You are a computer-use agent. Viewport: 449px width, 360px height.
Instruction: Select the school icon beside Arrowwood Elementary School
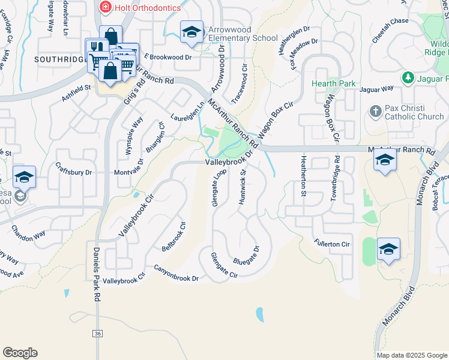191,32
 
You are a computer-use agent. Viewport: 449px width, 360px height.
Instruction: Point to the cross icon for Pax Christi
375,112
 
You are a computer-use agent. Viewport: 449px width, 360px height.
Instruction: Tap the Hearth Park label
333,84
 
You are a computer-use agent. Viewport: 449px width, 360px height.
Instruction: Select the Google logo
20,353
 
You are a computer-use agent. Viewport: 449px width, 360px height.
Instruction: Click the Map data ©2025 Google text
412,355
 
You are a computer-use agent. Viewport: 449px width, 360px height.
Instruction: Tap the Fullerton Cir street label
331,244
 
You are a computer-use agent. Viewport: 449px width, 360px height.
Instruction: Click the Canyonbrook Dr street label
176,274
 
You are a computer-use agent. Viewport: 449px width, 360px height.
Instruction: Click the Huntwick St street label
243,187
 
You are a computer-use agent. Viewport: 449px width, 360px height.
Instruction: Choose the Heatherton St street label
304,176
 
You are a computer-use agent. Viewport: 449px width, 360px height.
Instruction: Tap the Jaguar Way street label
376,89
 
